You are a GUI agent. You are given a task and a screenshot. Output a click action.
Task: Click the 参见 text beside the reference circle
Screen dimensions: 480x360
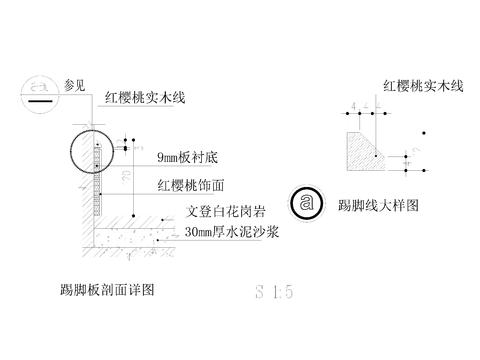[76, 85]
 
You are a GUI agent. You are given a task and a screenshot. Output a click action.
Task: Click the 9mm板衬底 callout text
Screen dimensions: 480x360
[194, 159]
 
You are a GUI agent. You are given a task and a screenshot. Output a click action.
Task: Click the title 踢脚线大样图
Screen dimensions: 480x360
[377, 204]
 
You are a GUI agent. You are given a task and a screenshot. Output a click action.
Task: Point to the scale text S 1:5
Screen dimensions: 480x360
[274, 293]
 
